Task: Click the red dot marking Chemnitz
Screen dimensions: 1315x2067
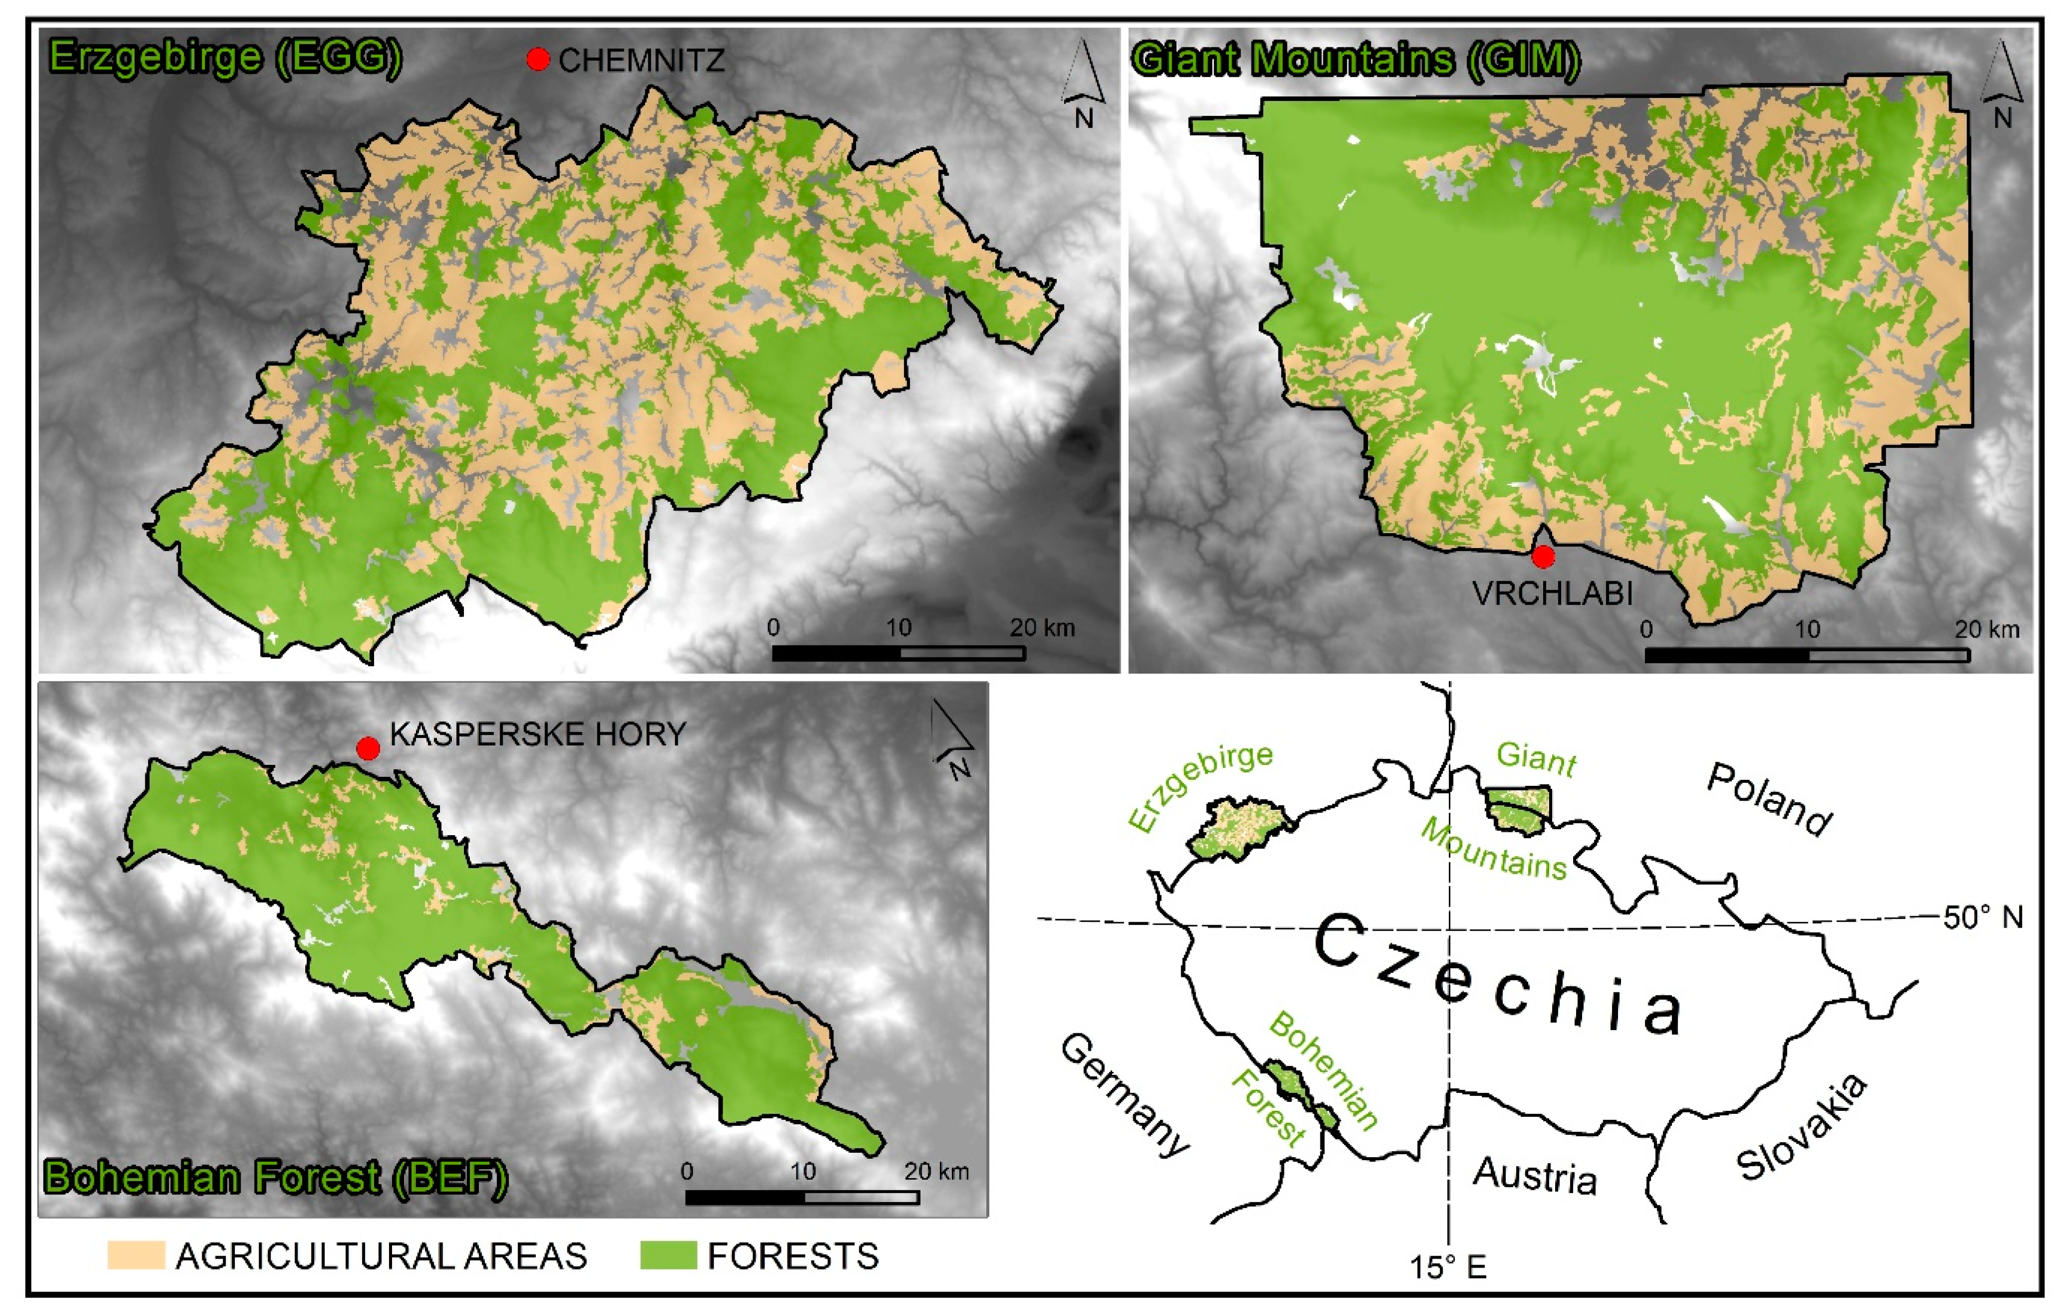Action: pyautogui.click(x=538, y=59)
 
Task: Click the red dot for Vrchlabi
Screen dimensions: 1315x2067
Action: pyautogui.click(x=1543, y=557)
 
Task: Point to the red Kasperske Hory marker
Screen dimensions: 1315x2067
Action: pyautogui.click(x=368, y=748)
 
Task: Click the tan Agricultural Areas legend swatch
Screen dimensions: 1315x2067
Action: pyautogui.click(x=136, y=1255)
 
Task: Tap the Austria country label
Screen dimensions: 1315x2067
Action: pyautogui.click(x=1535, y=1176)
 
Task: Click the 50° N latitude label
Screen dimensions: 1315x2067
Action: pyautogui.click(x=1984, y=918)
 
